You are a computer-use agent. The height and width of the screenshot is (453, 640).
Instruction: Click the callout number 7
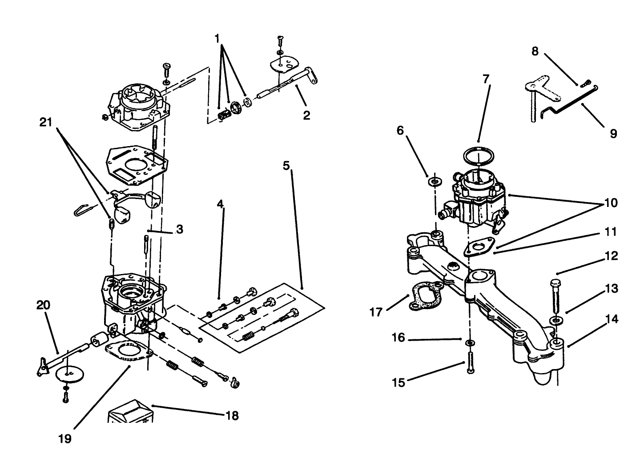click(x=486, y=79)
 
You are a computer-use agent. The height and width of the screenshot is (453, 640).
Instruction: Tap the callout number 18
click(x=232, y=416)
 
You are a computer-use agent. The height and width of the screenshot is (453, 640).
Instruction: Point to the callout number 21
click(x=46, y=122)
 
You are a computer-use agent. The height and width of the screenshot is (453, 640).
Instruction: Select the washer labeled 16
click(x=470, y=343)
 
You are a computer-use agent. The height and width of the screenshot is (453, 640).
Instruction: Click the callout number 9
click(x=613, y=133)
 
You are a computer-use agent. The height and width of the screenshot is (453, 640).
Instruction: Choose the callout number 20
click(x=43, y=306)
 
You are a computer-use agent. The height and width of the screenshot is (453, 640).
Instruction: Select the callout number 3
click(x=179, y=230)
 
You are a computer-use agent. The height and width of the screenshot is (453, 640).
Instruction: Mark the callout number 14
click(x=612, y=319)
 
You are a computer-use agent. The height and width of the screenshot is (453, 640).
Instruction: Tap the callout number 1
click(x=217, y=39)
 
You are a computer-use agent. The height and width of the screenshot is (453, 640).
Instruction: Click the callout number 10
click(x=611, y=203)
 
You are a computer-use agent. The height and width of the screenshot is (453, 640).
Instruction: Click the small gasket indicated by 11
click(x=479, y=246)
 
